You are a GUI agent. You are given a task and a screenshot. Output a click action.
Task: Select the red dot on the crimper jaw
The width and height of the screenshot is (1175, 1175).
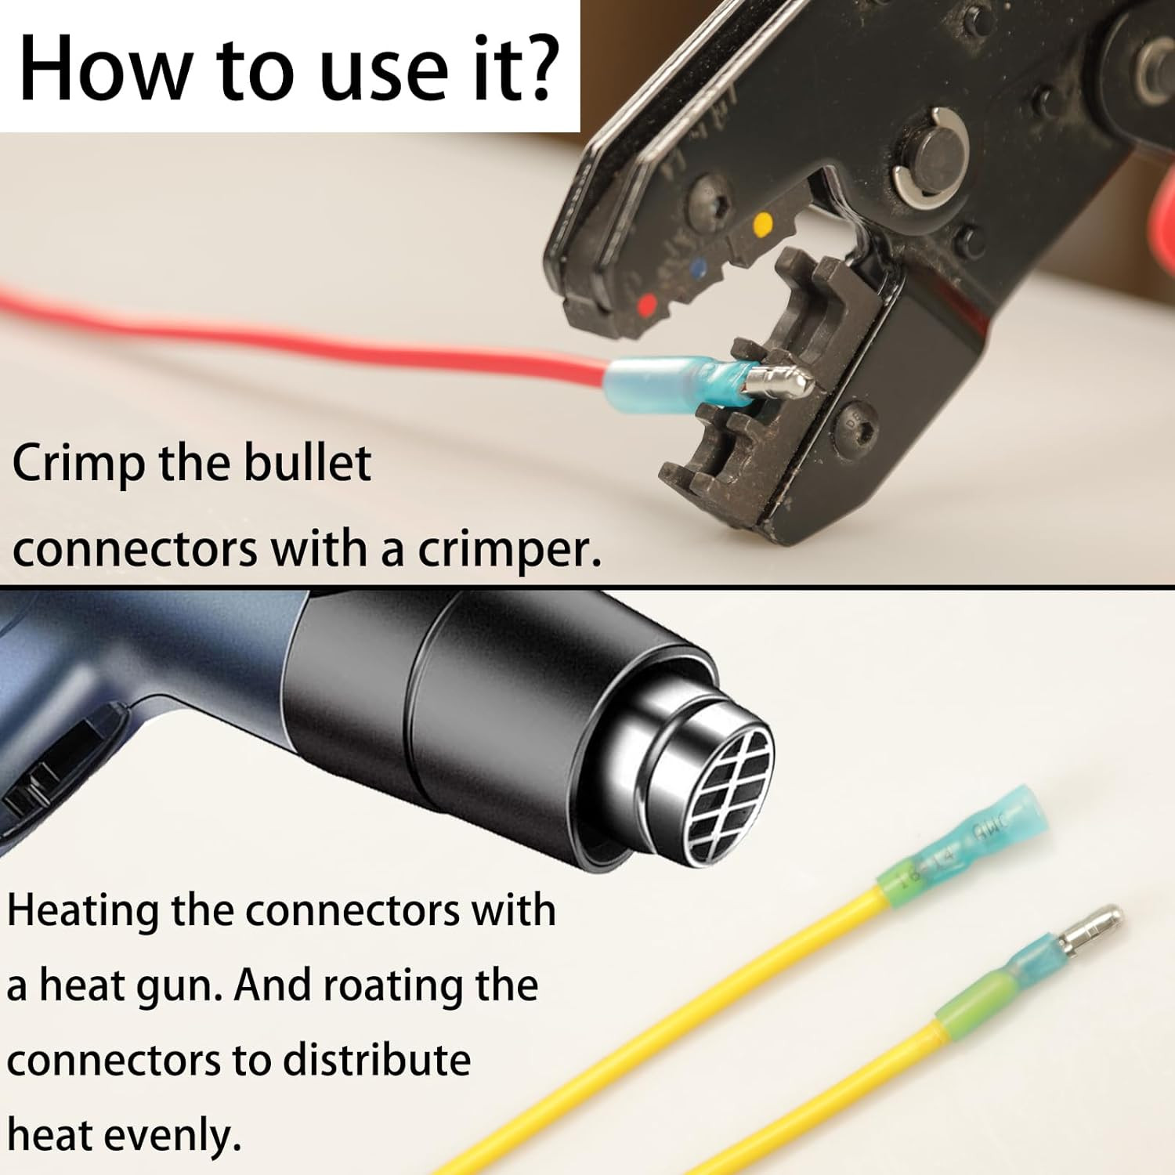[648, 304]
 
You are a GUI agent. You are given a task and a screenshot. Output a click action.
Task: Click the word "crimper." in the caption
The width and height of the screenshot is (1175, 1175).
[509, 551]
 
